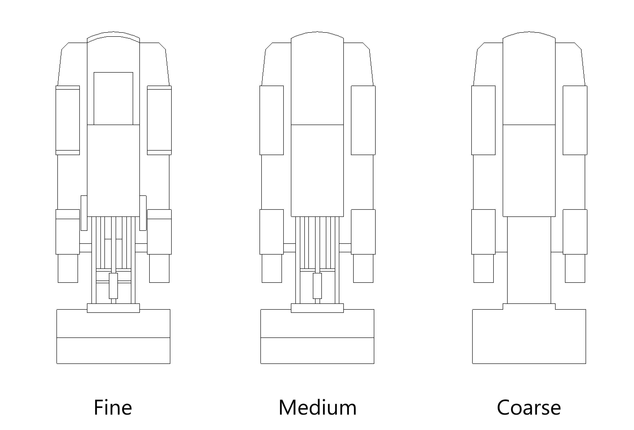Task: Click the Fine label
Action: [113, 408]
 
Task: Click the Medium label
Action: [317, 408]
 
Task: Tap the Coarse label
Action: [529, 408]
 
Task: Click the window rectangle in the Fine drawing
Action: [113, 99]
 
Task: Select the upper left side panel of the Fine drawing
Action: [68, 120]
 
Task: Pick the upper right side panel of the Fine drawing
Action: [159, 120]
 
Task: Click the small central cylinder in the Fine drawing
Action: [113, 286]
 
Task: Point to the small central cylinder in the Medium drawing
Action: [317, 286]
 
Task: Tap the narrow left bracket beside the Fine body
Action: [84, 213]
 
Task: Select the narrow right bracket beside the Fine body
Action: [143, 213]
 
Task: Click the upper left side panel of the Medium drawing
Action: [271, 120]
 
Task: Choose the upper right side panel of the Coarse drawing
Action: [575, 120]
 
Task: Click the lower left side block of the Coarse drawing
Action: [483, 232]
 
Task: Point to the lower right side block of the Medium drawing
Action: [363, 232]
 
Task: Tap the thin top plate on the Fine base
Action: [113, 308]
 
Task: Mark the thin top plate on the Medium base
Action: [317, 308]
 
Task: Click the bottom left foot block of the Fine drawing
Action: [68, 268]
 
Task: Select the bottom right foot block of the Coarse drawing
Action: [575, 268]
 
